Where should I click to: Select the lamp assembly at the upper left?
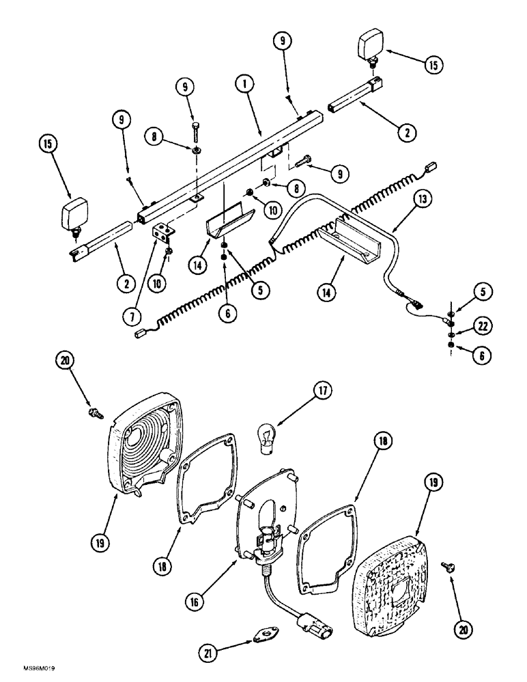[76, 216]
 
